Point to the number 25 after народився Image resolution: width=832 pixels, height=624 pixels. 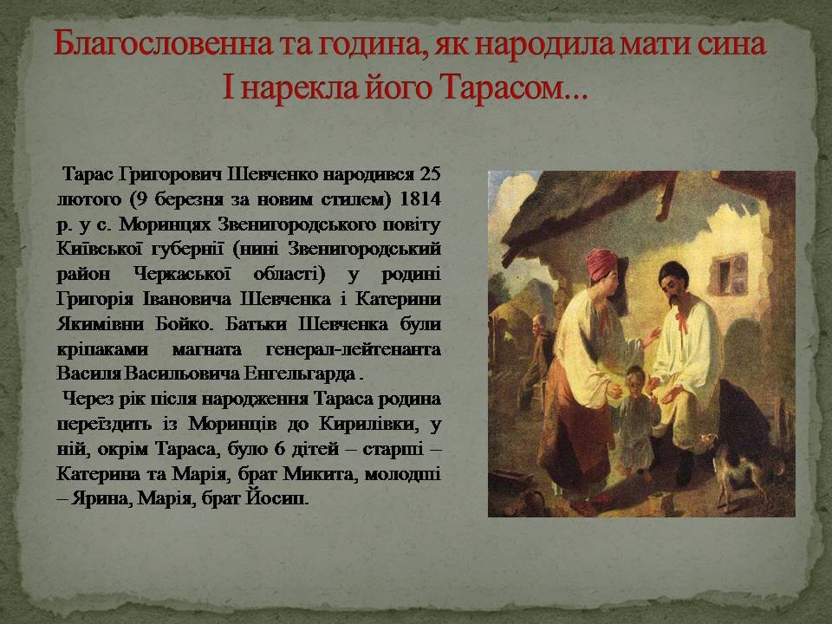click(430, 174)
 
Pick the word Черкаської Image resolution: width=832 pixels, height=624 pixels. click(183, 274)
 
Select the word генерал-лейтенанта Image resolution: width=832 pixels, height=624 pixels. click(354, 349)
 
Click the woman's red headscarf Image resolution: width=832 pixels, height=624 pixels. click(602, 263)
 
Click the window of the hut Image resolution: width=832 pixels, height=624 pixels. click(730, 275)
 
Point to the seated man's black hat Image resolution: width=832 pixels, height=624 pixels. click(673, 271)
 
